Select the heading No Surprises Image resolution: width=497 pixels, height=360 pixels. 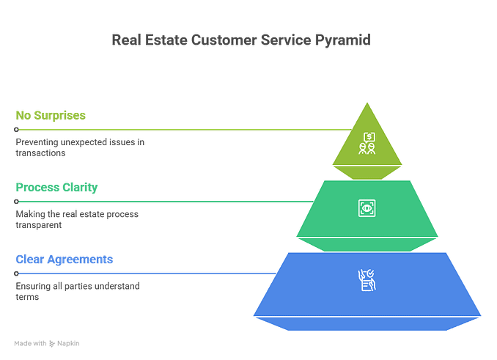51,115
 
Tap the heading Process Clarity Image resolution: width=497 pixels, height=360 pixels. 56,187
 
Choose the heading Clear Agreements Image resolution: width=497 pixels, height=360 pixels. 64,259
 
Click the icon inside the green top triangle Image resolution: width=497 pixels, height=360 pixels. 367,143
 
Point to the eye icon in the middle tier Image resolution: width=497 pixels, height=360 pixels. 366,207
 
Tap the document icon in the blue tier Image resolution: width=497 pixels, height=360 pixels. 366,280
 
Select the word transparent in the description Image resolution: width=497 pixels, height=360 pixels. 38,225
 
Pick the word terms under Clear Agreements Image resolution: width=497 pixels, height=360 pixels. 26,297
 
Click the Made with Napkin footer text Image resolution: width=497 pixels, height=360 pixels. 46,343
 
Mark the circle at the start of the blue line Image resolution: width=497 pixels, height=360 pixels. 16,273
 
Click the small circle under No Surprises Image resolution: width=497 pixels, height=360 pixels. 16,129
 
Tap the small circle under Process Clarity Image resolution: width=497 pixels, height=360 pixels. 16,201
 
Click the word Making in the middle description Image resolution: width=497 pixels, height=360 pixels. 28,214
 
